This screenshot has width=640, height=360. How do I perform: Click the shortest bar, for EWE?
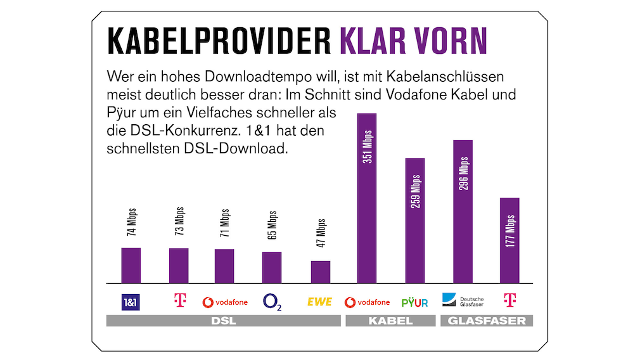[x=320, y=272]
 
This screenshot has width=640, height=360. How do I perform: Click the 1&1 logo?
[x=130, y=302]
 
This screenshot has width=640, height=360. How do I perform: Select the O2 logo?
[x=272, y=302]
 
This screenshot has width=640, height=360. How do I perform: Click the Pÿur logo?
[x=415, y=302]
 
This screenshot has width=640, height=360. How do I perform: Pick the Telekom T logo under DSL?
[x=179, y=301]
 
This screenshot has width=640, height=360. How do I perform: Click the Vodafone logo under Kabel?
[x=367, y=302]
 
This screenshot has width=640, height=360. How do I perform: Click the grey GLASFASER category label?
[x=487, y=321]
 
